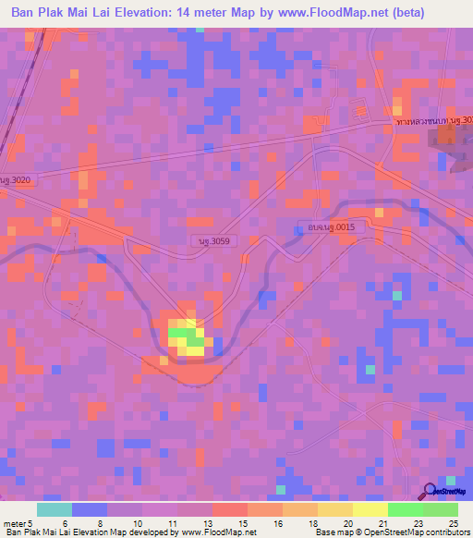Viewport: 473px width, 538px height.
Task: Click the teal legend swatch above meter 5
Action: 54,509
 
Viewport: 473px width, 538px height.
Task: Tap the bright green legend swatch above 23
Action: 406,509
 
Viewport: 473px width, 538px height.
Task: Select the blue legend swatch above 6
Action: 89,509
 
